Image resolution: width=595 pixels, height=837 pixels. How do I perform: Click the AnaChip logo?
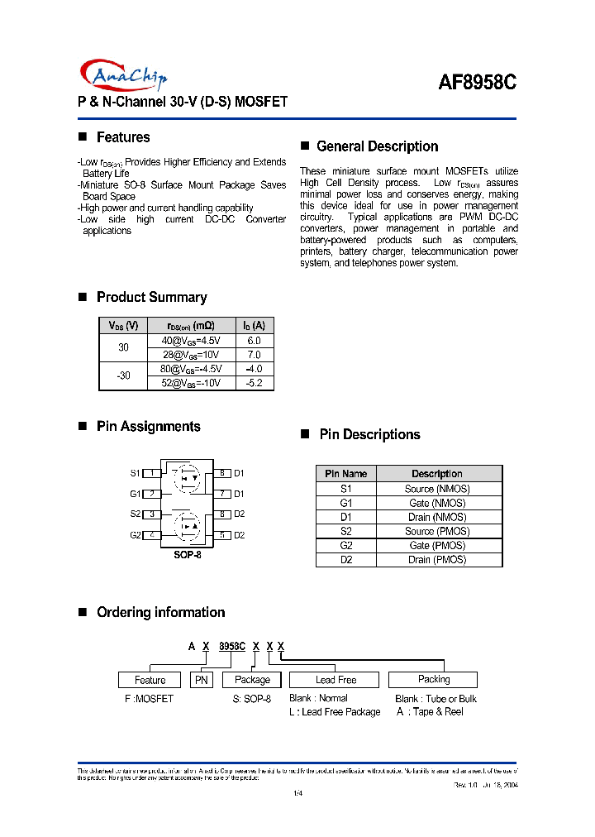[124, 75]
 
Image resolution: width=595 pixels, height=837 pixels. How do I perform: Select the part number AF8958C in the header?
[477, 83]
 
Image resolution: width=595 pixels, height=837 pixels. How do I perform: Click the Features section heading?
[123, 137]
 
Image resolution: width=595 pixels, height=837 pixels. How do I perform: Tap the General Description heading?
[377, 146]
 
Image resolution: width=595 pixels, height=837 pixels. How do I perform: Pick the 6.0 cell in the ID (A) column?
[254, 341]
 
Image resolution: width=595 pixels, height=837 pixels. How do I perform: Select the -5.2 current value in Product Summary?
[254, 383]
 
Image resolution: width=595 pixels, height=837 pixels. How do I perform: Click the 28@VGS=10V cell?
[191, 354]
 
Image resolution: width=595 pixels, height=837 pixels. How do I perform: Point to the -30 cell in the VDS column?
[123, 375]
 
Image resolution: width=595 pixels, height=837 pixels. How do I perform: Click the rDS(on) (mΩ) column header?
[191, 325]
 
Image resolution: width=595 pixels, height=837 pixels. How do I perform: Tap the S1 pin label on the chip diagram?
[136, 473]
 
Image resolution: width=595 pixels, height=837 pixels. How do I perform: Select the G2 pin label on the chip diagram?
[136, 535]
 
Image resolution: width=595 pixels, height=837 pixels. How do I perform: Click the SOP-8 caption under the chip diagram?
[187, 554]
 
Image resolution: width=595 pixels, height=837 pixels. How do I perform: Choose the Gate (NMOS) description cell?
[437, 503]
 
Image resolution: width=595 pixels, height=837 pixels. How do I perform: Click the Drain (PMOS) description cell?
[437, 560]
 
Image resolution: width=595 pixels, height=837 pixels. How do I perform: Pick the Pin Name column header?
[345, 474]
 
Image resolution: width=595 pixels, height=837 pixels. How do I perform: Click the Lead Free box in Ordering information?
[336, 680]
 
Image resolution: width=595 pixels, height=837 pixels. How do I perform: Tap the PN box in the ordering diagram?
[201, 680]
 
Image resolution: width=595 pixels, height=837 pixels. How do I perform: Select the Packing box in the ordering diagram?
[433, 679]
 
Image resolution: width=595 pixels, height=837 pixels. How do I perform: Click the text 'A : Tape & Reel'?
[430, 711]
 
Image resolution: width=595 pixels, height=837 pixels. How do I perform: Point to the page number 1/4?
[297, 795]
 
